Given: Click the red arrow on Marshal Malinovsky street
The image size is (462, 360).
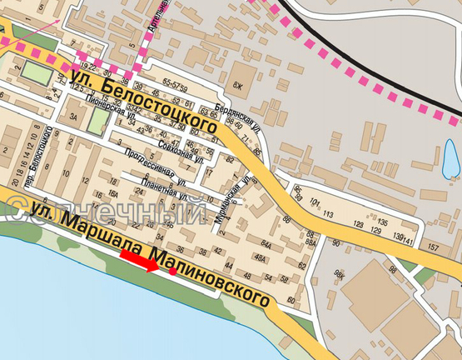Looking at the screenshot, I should coord(139,262).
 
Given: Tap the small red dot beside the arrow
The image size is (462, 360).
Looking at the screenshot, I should coord(171,271).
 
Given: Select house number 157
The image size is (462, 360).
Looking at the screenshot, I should coord(432,248).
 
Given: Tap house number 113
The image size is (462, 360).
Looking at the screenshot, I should coord(328,214).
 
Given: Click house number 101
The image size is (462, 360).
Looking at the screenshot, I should coord(315,202).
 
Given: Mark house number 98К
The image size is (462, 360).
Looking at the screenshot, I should coord(339,273).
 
